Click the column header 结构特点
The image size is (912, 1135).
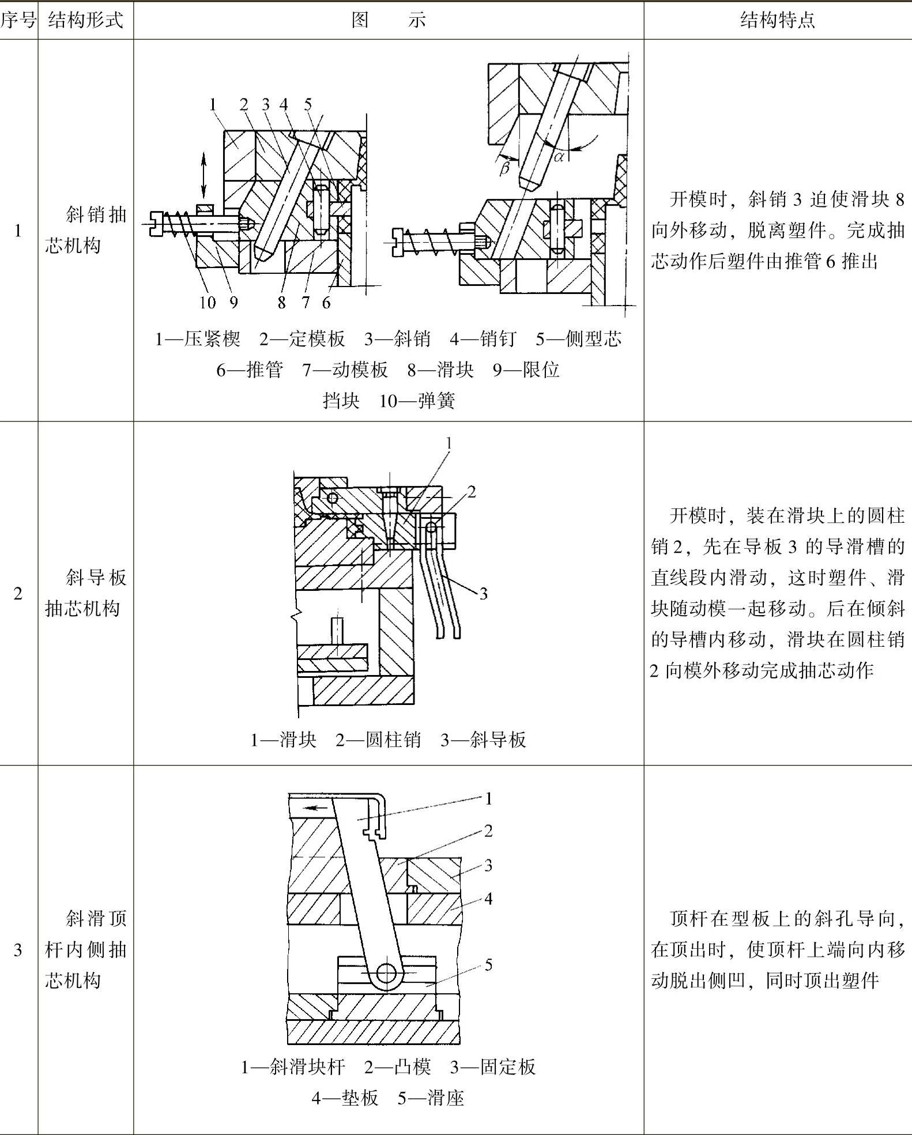tap(777, 21)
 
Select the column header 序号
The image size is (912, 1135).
tap(18, 21)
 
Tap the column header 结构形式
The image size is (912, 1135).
tap(85, 21)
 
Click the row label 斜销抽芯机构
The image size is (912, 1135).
tap(85, 231)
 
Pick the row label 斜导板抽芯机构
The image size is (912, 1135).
tap(85, 593)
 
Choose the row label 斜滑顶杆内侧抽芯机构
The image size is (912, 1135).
tap(85, 949)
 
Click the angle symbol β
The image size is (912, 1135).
tap(504, 168)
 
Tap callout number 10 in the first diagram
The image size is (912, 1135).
tap(207, 303)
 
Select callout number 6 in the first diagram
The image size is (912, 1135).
tap(326, 303)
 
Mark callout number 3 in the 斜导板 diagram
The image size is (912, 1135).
tap(483, 593)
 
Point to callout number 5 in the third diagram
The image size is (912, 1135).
tap(488, 964)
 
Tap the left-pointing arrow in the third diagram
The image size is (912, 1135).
tap(315, 808)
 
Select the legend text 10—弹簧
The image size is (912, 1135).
tap(417, 401)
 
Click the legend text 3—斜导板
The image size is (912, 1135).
tap(483, 740)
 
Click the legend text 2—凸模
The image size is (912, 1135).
tap(398, 1067)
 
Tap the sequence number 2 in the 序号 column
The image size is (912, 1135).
tap(18, 593)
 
